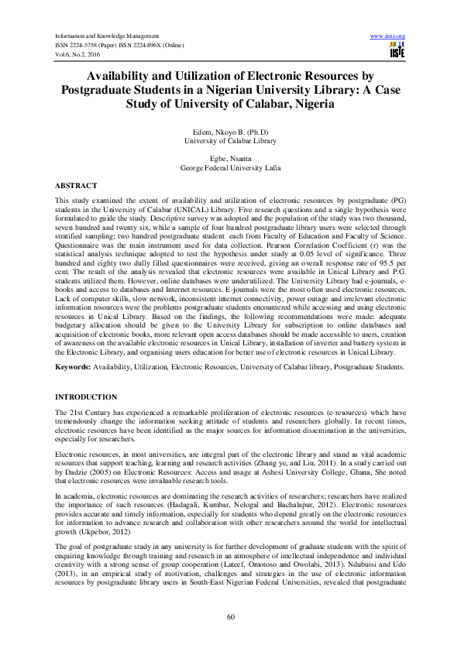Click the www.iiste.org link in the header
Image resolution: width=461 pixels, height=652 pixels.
[389, 36]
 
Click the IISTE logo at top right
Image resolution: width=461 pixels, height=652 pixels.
[398, 50]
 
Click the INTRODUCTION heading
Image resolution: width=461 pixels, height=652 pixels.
[85, 396]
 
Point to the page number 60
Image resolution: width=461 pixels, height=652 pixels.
[230, 616]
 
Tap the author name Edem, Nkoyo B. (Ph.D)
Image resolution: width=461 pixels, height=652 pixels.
[230, 134]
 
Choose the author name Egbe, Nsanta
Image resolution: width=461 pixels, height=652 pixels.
[230, 158]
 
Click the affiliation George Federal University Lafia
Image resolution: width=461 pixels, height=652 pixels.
[230, 166]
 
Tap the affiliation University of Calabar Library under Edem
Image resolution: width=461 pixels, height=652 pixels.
[230, 142]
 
